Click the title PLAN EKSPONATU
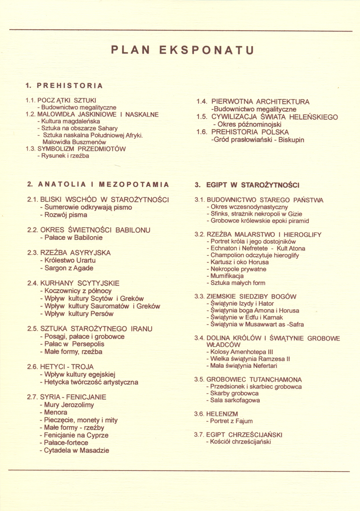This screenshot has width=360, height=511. tap(182, 50)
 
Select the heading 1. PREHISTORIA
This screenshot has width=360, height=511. tap(64, 85)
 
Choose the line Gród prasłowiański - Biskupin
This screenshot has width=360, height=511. tap(257, 140)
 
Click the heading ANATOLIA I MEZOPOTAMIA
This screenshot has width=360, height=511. tap(98, 184)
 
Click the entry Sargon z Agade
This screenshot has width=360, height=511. tap(66, 268)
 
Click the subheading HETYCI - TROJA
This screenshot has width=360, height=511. tap(60, 367)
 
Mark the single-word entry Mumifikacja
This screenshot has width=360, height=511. tap(224, 276)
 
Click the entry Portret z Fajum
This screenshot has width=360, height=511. tap(229, 421)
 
